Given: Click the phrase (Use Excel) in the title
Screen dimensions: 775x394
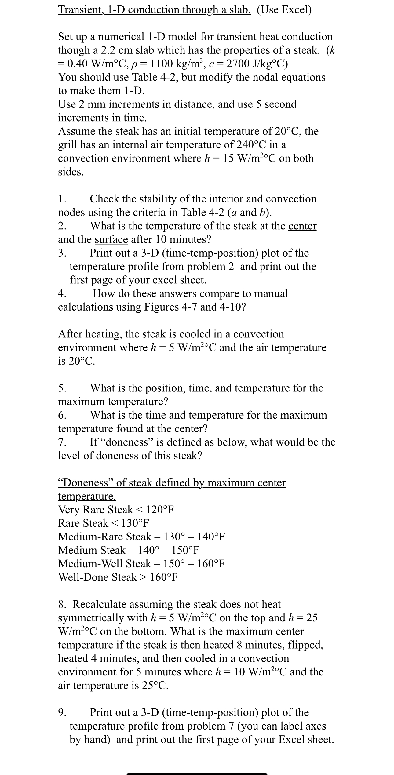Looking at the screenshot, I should point(284,10).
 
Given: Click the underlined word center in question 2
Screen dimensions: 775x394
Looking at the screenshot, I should point(302,226).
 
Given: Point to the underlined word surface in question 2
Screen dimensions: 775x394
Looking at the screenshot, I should point(111,239).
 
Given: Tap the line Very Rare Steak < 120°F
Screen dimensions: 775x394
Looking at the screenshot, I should point(116,510).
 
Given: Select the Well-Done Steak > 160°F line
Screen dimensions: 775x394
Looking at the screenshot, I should point(118,577).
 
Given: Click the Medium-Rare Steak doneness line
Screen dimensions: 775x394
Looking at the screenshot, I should point(141,537).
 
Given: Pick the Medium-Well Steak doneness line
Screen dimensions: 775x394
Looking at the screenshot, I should point(141,563).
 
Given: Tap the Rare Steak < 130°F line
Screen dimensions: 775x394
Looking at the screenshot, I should point(104,523).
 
